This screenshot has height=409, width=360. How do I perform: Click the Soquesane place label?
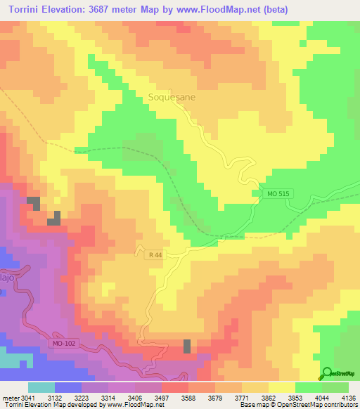click(x=172, y=99)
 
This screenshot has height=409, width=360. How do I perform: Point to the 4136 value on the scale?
click(x=348, y=397)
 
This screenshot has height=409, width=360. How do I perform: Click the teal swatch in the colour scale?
click(x=41, y=387)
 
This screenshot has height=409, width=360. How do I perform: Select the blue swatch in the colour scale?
click(x=67, y=387)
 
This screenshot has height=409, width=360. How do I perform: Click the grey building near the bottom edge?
click(x=187, y=346)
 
